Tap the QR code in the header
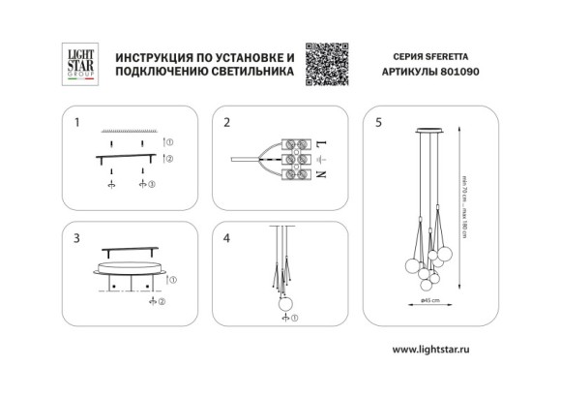(x=326, y=61)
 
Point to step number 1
(x=76, y=123)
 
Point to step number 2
(x=226, y=123)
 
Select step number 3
(x=76, y=236)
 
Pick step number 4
(x=226, y=236)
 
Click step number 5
(x=378, y=123)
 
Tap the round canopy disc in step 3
(x=132, y=267)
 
